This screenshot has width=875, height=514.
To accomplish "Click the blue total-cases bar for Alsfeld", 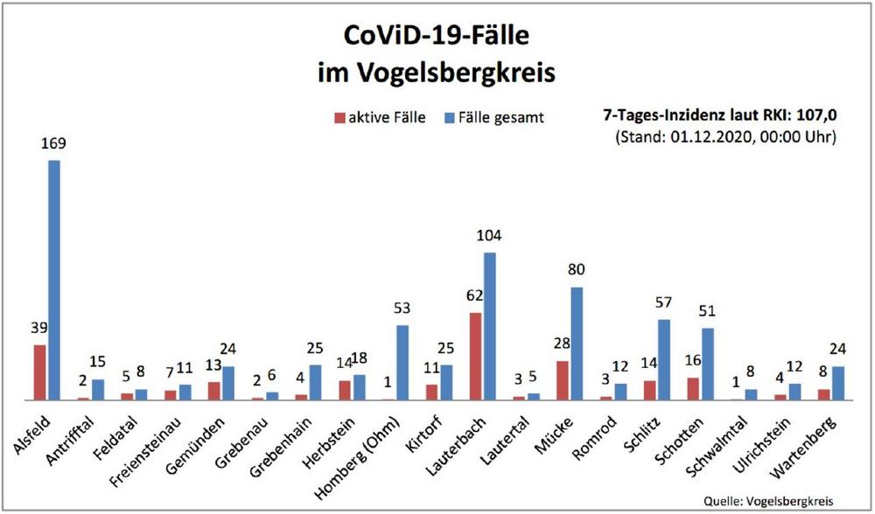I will [x=54, y=280].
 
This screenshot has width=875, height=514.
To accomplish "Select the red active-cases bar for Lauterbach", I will [x=475, y=356].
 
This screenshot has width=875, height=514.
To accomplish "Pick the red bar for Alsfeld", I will [x=40, y=372].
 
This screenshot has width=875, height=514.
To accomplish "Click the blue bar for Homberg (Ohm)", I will [x=403, y=362].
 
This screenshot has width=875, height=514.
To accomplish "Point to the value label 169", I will [x=53, y=143].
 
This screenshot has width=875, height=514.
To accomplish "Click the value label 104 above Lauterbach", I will [x=488, y=236].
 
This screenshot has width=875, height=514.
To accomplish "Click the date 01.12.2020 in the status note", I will [x=701, y=137].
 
